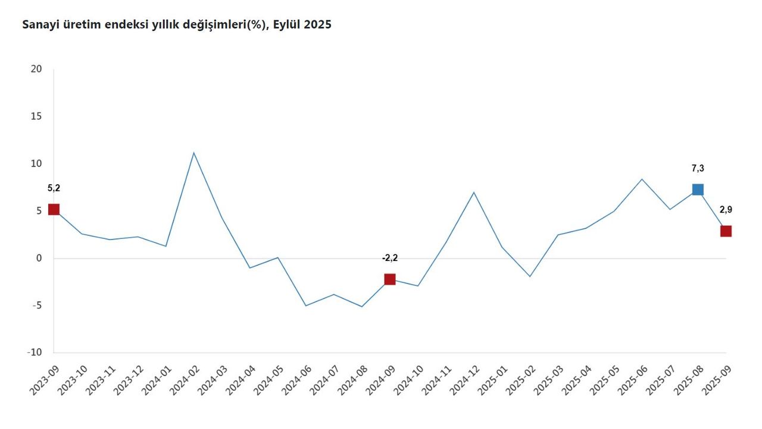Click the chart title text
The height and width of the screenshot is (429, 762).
[176, 25]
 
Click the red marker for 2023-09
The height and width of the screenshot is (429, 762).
[54, 209]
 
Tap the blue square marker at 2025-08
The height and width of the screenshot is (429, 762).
[698, 189]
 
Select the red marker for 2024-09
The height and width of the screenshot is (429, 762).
[390, 279]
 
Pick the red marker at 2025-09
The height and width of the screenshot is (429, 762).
[726, 231]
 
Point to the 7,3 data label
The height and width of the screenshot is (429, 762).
[698, 169]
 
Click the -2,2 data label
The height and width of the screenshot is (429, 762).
[390, 258]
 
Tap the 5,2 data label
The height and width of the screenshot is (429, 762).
[54, 188]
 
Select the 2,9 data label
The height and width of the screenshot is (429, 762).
[726, 210]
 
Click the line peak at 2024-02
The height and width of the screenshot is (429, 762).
[193, 153]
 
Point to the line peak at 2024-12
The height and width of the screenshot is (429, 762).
[474, 192]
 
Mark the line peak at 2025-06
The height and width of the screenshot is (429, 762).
[642, 179]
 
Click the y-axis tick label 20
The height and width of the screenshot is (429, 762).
[36, 69]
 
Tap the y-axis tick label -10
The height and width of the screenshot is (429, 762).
[35, 352]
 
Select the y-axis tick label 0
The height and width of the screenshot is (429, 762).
[39, 258]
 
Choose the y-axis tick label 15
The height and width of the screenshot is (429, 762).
[36, 116]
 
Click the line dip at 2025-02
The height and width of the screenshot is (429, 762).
[530, 276]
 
